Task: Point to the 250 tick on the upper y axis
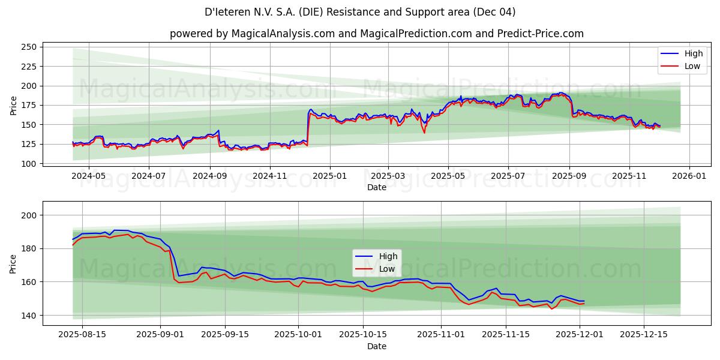coord(29,47)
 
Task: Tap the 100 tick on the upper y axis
coord(29,163)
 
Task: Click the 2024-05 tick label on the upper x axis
coord(88,177)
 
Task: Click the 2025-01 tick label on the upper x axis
coord(329,177)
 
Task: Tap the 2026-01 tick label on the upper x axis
coord(689,177)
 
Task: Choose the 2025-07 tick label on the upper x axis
coord(508,177)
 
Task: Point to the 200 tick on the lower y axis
coord(29,215)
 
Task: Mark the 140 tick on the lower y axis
coord(29,316)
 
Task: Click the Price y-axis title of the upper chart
coord(13,105)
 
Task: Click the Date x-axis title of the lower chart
coord(376,346)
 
